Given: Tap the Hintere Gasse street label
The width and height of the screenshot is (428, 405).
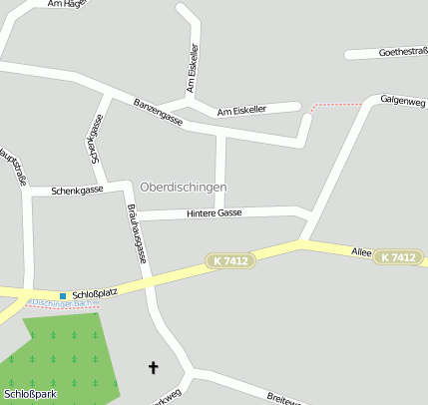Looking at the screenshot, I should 214,213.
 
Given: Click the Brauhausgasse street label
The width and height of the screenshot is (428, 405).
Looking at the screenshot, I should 137,233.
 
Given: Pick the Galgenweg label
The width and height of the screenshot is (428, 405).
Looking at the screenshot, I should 402,102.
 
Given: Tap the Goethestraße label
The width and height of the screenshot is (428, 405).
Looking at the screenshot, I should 402,52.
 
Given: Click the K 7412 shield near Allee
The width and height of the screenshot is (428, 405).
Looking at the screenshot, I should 396,257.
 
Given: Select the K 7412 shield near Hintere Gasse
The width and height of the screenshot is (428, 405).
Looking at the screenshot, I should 231,261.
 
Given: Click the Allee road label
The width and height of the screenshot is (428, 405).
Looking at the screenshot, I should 361,253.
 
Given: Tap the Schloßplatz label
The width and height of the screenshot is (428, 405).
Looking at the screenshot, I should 95,294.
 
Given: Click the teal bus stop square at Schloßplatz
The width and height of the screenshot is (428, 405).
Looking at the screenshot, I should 63,295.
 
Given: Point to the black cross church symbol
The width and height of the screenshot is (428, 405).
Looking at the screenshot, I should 153,368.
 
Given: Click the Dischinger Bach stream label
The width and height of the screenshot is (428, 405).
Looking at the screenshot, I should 61,303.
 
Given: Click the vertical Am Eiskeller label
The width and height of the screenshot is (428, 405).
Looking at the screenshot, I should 195,66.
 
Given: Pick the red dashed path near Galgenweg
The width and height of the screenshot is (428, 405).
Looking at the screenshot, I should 337,105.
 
